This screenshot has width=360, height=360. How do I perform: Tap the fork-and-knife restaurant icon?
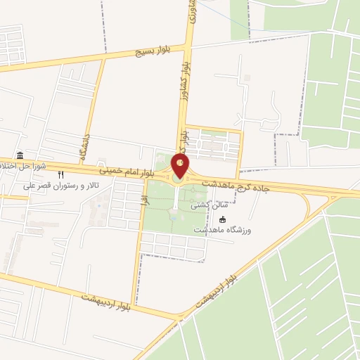point(61,174)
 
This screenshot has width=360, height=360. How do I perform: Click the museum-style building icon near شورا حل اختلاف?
point(19,155)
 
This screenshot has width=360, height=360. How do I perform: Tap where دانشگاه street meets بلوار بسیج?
point(104,59)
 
